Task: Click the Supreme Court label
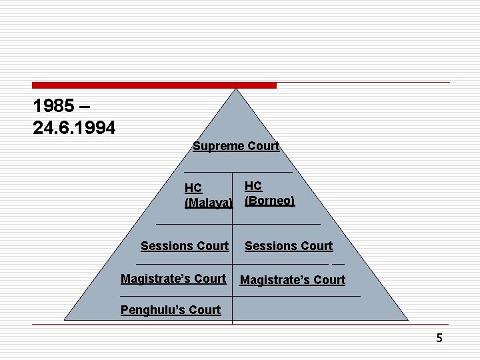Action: (x=236, y=146)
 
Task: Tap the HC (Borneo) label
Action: (x=269, y=193)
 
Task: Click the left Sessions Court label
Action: (x=185, y=246)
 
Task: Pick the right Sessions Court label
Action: (x=289, y=246)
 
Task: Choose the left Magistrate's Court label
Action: (x=173, y=279)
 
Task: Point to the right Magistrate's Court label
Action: (x=293, y=280)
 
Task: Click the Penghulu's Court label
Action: (x=171, y=310)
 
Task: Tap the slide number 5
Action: (x=439, y=338)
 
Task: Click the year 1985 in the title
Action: (x=53, y=106)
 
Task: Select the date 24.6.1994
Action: (x=74, y=127)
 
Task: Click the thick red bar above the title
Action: (x=154, y=85)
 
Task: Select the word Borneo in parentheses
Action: (x=269, y=201)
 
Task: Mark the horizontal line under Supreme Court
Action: (x=237, y=172)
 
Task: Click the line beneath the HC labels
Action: (x=237, y=223)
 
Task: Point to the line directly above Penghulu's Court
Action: (x=240, y=295)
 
